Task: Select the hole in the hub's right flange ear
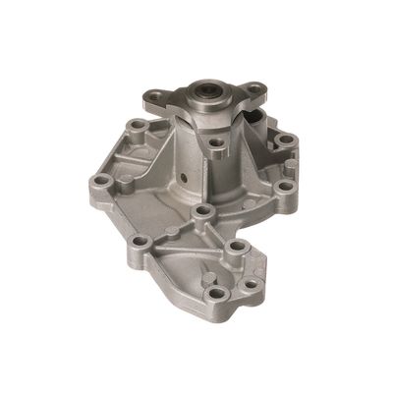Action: coord(254,94)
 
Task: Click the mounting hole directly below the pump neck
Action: coord(202,212)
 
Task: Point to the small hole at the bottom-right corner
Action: coord(252,284)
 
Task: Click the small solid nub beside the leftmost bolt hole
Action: coord(126,181)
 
